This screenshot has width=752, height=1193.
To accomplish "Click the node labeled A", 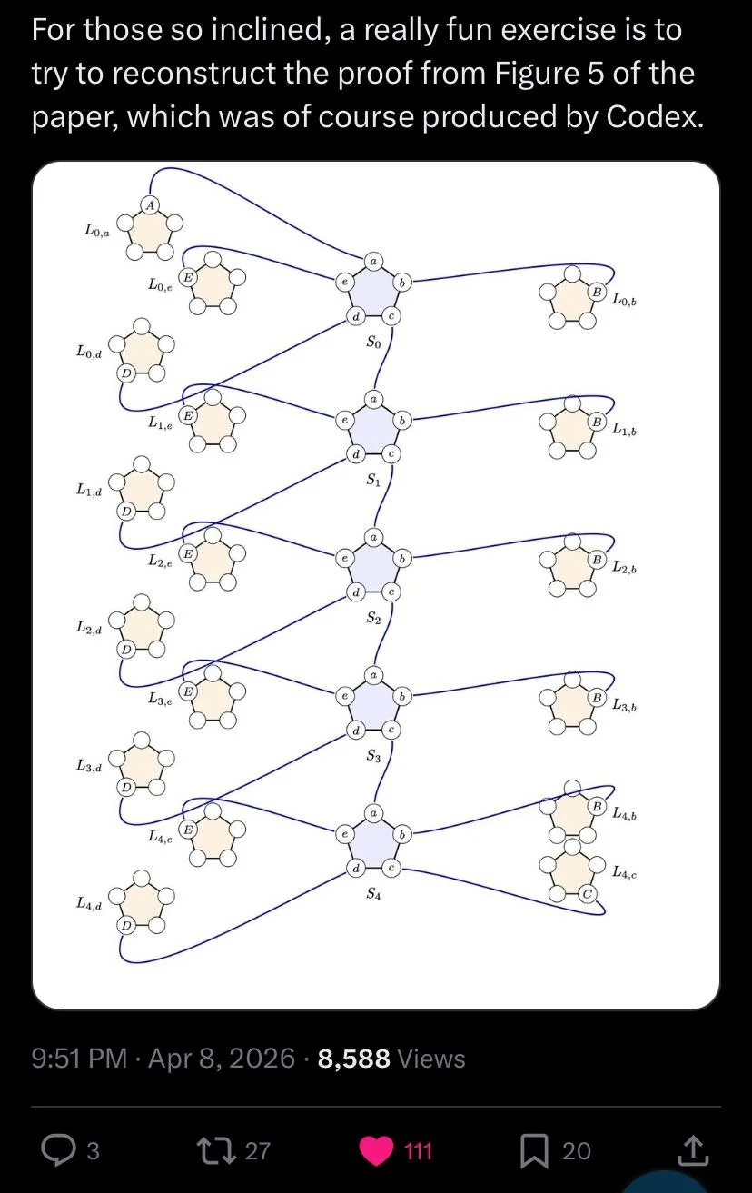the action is [x=151, y=205].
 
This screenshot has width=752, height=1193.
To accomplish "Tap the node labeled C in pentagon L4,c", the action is [x=587, y=894].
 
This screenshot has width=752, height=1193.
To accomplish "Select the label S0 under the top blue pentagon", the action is [x=373, y=342].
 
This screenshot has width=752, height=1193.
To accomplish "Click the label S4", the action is [x=373, y=894].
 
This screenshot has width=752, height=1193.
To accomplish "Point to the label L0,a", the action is [x=97, y=230].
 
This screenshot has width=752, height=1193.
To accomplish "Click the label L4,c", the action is [x=624, y=872].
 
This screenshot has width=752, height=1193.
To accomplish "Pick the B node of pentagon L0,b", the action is [x=597, y=292].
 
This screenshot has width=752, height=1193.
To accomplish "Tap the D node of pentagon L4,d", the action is [x=125, y=926].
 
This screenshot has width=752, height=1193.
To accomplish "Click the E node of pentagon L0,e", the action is [x=188, y=277].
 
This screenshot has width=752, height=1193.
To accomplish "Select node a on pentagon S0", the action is [x=373, y=262].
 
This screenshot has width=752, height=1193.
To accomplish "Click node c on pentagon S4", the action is [x=391, y=868].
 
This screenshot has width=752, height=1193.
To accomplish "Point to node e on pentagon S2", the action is [x=344, y=559].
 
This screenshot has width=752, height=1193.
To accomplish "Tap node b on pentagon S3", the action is [x=402, y=697].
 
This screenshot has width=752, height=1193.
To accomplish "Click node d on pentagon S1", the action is [x=356, y=454].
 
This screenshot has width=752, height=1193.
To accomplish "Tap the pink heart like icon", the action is [x=376, y=1151].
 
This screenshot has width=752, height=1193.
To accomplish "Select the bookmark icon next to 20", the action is [x=534, y=1151].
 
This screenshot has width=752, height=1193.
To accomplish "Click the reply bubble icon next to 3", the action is [x=57, y=1151].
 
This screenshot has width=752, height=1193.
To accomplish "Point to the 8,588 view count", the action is [x=354, y=1059].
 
